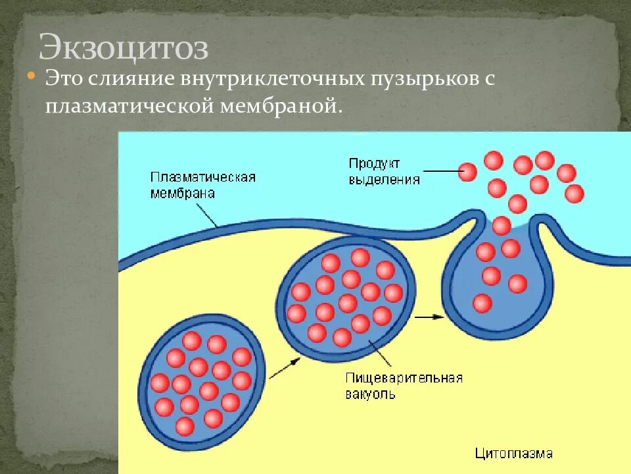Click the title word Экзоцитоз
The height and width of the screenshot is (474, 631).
tap(124, 48)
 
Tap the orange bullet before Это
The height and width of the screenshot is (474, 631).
tap(30, 77)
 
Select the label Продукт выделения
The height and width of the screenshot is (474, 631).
tap(384, 171)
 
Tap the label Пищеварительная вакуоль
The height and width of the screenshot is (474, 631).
tap(404, 386)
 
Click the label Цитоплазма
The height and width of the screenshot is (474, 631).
tap(513, 453)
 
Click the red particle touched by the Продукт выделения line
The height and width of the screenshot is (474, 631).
tap(467, 172)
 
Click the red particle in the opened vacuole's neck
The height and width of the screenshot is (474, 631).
tap(502, 226)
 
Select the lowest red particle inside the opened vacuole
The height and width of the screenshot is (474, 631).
tap(482, 303)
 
